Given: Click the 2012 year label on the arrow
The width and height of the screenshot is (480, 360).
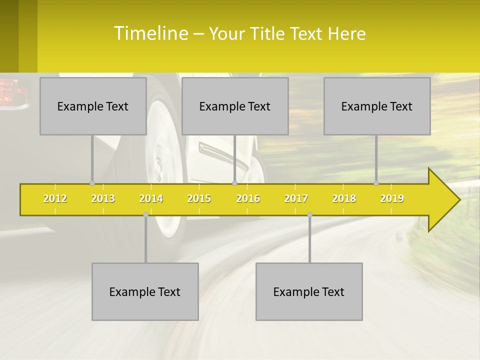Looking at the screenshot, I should (x=55, y=198).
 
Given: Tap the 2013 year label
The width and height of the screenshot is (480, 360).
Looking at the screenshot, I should (x=103, y=198).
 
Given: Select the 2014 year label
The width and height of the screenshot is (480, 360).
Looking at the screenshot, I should (x=151, y=198).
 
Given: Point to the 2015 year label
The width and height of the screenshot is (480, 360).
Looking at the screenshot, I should (x=199, y=198).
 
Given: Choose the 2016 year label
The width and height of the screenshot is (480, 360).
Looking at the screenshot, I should (x=248, y=198).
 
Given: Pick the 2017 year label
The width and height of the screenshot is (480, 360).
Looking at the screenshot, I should (x=296, y=198).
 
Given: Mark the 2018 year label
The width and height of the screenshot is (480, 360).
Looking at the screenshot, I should (x=344, y=198).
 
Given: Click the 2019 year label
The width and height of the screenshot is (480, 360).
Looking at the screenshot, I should (x=392, y=198).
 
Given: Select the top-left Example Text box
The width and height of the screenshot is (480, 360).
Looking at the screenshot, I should (x=93, y=106).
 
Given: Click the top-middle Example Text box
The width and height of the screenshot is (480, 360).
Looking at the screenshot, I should (x=235, y=106).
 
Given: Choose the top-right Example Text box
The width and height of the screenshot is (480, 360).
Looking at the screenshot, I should (x=377, y=106).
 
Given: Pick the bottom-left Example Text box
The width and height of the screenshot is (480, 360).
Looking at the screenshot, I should (x=145, y=291).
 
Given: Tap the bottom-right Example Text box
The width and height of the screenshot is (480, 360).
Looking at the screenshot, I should (x=309, y=291).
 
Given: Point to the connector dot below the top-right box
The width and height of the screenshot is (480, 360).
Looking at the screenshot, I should (x=376, y=183).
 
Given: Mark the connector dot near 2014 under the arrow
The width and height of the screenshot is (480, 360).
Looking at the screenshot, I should (x=145, y=214).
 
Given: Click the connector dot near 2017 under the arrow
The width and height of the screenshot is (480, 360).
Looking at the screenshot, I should (x=309, y=214).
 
